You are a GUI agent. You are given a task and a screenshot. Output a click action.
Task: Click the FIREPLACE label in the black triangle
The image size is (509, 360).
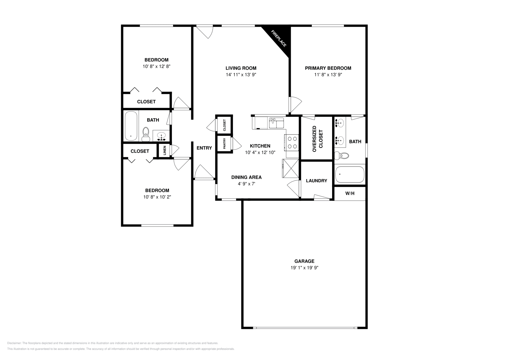click(278, 38)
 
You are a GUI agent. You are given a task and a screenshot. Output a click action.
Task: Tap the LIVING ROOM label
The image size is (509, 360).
click(241, 68)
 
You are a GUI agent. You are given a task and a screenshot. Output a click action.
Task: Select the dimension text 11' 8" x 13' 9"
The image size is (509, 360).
click(328, 75)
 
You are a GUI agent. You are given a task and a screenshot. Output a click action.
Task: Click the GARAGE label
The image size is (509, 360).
click(304, 261)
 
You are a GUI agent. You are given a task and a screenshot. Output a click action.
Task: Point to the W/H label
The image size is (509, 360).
click(350, 193)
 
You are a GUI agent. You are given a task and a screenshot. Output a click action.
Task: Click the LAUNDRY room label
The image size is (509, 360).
click(316, 181)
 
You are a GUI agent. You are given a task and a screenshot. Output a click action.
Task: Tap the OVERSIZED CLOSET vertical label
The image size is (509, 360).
click(317, 139)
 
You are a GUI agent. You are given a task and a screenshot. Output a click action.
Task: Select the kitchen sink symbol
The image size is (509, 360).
click(276, 122)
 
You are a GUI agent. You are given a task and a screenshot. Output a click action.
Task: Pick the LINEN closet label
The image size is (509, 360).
click(164, 151)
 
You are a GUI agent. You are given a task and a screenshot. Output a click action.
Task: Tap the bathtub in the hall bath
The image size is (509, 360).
click(131, 126)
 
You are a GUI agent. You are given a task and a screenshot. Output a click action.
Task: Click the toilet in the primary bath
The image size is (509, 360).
click(341, 156)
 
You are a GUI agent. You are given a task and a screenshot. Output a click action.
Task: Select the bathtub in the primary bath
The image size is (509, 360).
click(350, 175)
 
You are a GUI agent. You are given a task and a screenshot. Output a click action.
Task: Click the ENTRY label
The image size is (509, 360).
click(204, 148)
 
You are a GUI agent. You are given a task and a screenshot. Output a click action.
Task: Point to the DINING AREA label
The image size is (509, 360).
click(246, 177)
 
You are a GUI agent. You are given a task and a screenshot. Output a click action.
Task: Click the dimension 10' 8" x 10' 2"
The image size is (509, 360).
click(157, 197)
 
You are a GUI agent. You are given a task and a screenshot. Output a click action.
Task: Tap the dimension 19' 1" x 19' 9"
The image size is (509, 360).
click(304, 268)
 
